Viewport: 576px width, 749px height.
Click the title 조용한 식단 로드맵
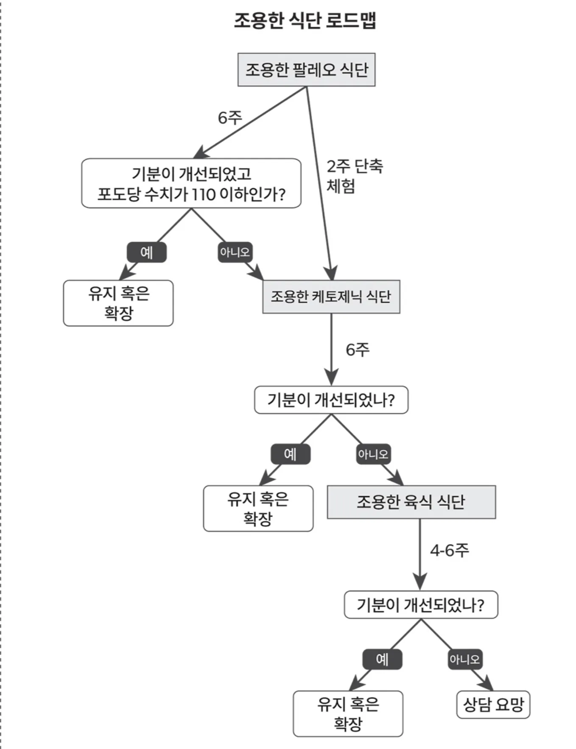pos(305,20)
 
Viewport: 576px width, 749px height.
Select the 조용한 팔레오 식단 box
pos(306,70)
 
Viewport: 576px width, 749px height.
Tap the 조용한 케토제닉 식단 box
pos(331,296)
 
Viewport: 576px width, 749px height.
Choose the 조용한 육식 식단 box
pos(411,502)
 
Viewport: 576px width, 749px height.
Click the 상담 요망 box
pos(493,704)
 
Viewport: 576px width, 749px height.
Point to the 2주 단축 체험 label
pos(354,176)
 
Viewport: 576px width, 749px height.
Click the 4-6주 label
pos(449,550)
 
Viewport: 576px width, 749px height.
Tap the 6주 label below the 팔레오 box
pos(229,117)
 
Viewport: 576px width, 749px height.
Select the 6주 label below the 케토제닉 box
pos(357,349)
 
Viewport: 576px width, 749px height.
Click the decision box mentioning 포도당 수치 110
pos(191,183)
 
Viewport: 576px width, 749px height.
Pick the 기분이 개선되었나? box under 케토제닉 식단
pos(331,400)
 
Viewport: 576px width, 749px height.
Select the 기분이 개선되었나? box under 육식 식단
pos(421,604)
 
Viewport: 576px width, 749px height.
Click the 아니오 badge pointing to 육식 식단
pos(373,454)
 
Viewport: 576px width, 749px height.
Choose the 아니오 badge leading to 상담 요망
pos(465,659)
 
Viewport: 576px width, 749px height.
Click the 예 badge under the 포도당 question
pos(146,252)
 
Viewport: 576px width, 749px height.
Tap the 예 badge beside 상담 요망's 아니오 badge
pos(382,659)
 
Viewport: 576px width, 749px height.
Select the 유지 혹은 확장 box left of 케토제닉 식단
pos(118,303)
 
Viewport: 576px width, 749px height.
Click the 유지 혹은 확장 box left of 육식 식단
pos(258,508)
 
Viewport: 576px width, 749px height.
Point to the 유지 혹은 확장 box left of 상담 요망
pos(348,713)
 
